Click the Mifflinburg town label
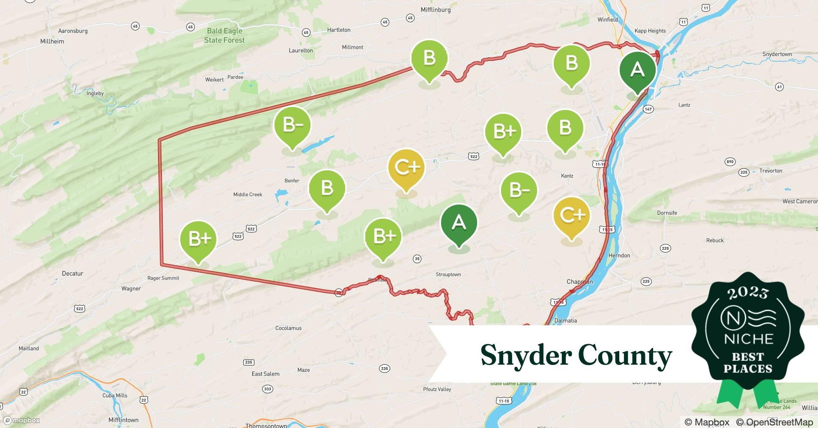tap(436, 10)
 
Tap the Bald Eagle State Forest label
tap(224, 36)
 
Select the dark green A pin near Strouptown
tap(459, 223)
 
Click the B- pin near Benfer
tap(292, 126)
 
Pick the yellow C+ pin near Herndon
tap(572, 216)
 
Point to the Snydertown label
tap(777, 54)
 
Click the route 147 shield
tap(648, 109)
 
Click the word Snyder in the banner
tap(525, 355)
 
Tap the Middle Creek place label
tap(248, 195)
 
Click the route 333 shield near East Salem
tap(268, 389)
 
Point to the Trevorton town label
tap(770, 171)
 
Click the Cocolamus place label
tap(288, 328)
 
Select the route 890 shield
tap(730, 162)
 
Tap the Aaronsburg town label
tap(73, 31)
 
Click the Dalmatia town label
tap(565, 321)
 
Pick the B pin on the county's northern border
tap(429, 59)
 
